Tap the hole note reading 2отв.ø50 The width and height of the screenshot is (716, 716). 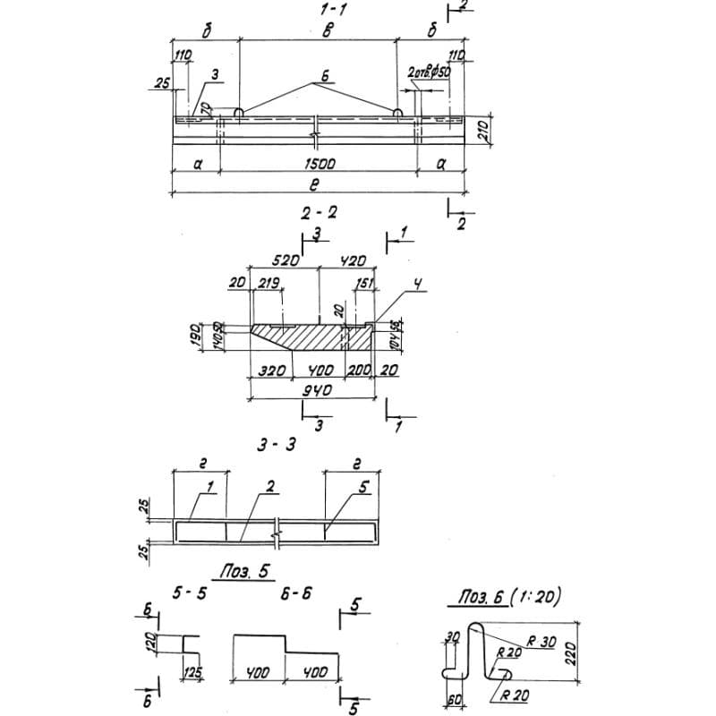(x=430, y=72)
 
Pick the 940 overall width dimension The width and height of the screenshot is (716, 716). (x=317, y=391)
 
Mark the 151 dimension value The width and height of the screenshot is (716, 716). (x=363, y=283)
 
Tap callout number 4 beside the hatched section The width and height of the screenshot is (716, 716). (x=417, y=286)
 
